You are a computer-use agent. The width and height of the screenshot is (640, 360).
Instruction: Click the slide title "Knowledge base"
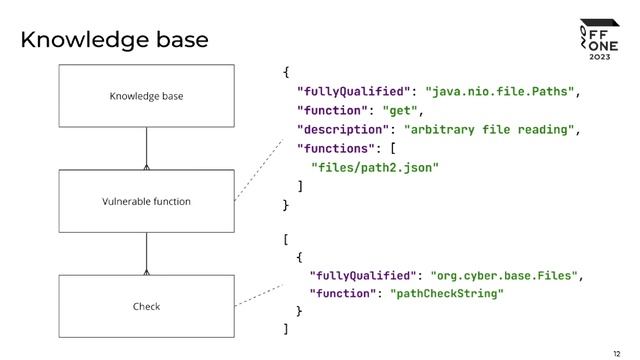[114, 40]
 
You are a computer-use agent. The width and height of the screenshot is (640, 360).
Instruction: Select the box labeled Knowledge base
[147, 96]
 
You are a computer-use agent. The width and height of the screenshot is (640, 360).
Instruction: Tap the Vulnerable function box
[147, 201]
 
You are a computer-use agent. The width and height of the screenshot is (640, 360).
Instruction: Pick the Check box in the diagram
[147, 306]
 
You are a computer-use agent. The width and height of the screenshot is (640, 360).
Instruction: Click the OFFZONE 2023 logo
[600, 40]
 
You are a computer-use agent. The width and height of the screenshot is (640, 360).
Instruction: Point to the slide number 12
[616, 353]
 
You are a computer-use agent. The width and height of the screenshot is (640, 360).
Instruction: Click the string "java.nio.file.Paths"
[500, 91]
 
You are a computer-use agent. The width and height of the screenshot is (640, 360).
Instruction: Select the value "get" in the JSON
[400, 111]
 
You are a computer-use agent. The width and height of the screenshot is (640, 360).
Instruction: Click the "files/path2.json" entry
[375, 168]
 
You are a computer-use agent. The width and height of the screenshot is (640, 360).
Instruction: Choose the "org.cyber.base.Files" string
[504, 276]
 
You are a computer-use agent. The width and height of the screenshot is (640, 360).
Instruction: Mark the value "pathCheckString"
[447, 293]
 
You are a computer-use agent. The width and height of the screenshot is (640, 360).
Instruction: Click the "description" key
[343, 130]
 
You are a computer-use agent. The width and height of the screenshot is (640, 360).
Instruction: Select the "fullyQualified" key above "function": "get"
[353, 91]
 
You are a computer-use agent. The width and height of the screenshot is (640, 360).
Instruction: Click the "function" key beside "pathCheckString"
[342, 293]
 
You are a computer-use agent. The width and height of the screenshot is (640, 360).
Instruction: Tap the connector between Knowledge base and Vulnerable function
[147, 149]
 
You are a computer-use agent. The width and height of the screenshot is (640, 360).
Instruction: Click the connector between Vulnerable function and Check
[147, 254]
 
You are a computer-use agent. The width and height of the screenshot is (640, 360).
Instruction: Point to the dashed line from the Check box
[259, 295]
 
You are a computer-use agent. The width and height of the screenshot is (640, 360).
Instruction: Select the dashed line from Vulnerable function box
[259, 170]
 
